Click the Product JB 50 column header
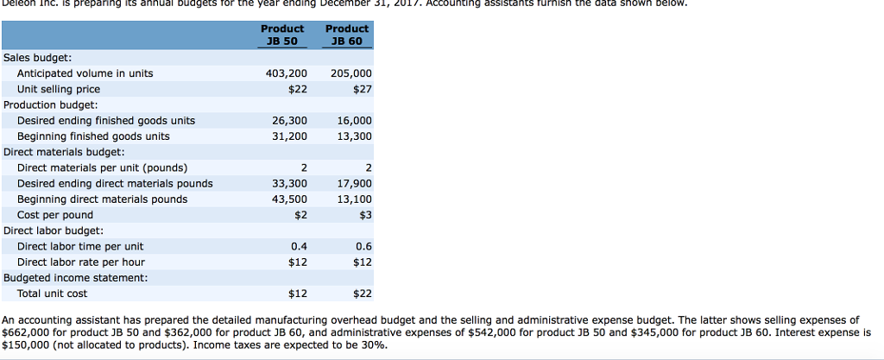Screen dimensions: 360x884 282,35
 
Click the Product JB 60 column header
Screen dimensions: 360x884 347,35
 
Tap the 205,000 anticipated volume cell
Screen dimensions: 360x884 350,73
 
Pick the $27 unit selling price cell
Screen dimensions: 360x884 362,89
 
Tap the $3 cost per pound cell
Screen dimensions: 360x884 364,215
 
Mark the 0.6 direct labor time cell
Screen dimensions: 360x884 363,246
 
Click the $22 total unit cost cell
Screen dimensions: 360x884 362,294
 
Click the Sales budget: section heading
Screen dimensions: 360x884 38,57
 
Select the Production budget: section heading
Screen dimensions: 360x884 53,104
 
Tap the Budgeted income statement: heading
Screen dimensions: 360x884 76,278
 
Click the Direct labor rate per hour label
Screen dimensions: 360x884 81,262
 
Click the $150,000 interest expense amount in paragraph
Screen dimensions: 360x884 25,344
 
